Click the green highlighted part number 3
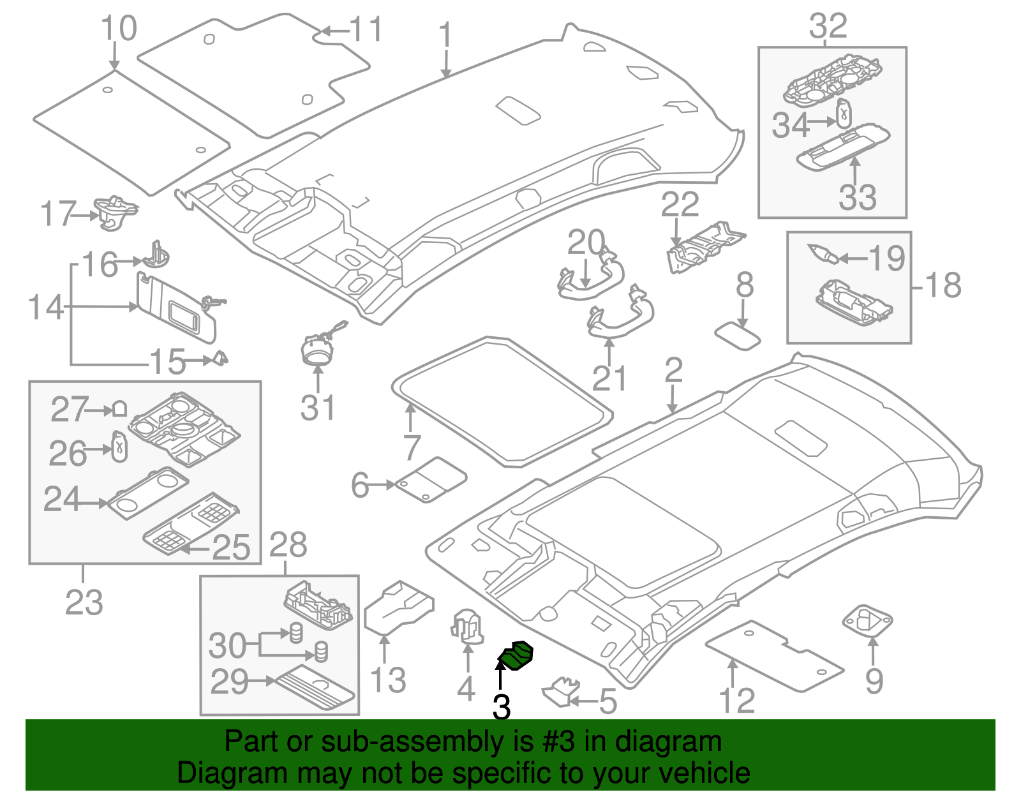(516, 657)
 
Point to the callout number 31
(318, 408)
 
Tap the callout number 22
(680, 204)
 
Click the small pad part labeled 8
(737, 336)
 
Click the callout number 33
(858, 197)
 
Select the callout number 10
(119, 29)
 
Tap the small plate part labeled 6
(431, 479)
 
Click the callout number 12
(737, 701)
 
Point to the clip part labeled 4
(468, 625)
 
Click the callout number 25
(231, 547)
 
